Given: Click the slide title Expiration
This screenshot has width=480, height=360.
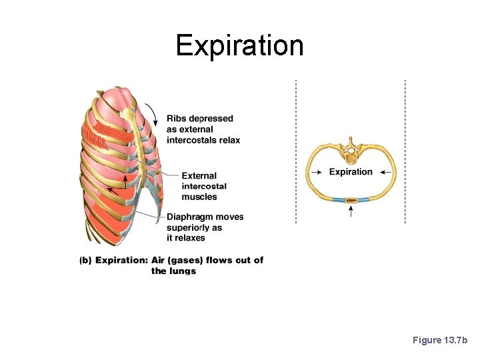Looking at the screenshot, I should pos(239,45).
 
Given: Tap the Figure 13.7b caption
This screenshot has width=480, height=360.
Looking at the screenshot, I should pos(441,340).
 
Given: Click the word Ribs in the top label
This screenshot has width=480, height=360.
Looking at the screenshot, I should pos(177,119).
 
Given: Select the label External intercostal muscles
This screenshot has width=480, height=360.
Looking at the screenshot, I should pos(204,187).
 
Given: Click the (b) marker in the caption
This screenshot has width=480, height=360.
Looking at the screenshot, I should pos(85,260).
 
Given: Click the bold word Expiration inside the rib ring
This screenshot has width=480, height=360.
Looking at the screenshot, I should pos(351,172).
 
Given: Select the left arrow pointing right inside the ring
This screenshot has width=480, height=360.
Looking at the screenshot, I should pos(317,172).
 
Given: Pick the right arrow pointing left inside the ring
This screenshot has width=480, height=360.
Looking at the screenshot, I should pos(385,172).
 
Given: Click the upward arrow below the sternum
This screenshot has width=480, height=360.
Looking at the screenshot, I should pos(351,212).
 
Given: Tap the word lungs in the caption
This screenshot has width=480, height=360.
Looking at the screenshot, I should pos(183,271).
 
